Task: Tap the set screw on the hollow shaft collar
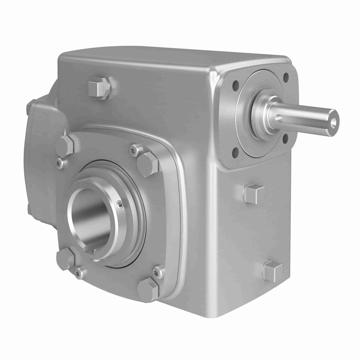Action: [121, 205]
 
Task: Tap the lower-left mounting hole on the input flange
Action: [236, 149]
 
